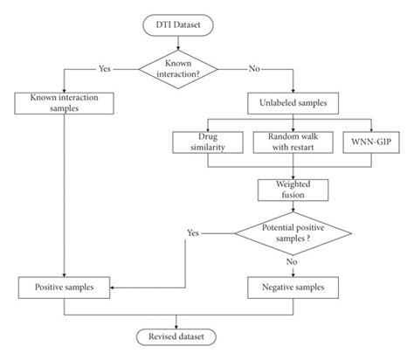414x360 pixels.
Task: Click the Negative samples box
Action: pyautogui.click(x=289, y=285)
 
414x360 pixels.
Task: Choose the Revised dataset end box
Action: pyautogui.click(x=179, y=336)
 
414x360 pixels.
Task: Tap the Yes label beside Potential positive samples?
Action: pyautogui.click(x=194, y=233)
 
